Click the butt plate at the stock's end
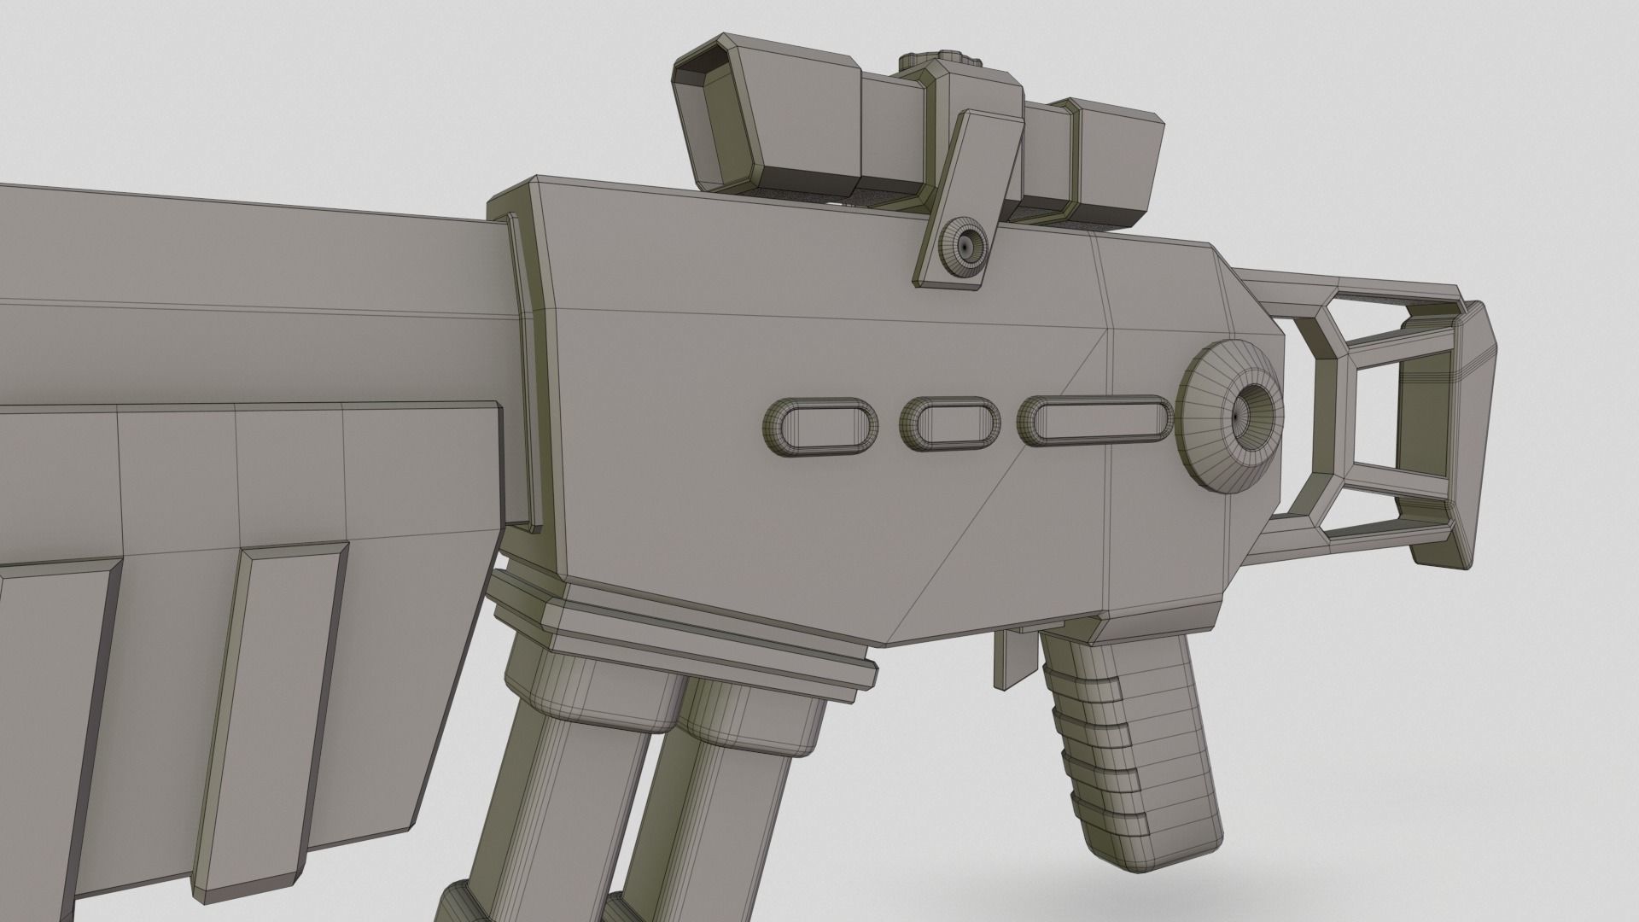point(1451,435)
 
